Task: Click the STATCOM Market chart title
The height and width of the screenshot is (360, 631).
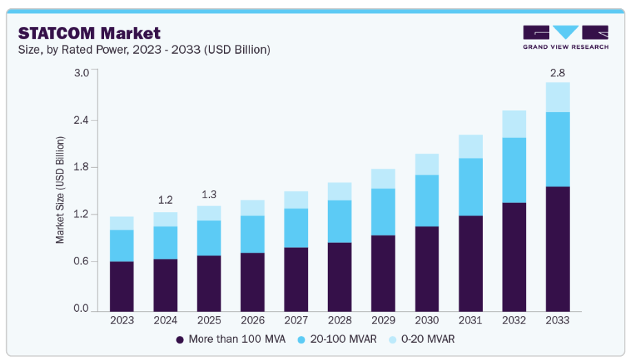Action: coord(89,33)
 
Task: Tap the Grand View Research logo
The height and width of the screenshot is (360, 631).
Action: coord(565,37)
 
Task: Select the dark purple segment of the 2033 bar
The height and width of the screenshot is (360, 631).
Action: coord(557,248)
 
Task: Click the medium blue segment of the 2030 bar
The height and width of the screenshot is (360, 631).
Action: coord(426,200)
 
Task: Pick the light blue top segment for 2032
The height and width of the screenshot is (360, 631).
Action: coord(514,124)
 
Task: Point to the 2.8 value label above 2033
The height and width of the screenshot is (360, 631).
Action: coord(557,72)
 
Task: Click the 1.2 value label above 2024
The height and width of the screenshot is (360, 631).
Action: coord(165,200)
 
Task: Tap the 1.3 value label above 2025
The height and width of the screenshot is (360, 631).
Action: coord(209,194)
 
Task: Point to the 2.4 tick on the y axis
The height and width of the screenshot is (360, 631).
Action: coord(81,120)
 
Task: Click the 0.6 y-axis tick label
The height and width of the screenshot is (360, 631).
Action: coord(81,262)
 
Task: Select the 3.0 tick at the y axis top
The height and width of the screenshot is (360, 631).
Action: coord(81,73)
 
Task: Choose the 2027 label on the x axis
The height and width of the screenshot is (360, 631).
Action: coord(296,321)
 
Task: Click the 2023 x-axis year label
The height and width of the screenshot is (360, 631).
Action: coord(122,321)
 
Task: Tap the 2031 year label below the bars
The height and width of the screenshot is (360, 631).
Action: coord(470,321)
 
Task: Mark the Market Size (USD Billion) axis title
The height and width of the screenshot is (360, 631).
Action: coord(61,190)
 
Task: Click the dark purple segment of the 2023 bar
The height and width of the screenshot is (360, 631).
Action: coord(122,286)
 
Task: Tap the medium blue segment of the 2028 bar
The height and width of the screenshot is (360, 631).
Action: coord(340,221)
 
